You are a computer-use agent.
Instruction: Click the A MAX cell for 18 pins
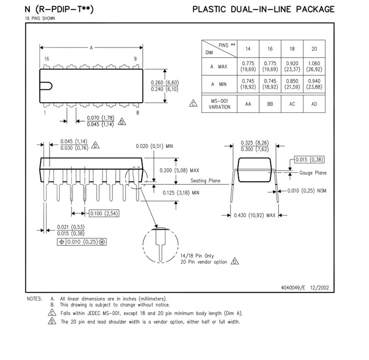(x=292, y=66)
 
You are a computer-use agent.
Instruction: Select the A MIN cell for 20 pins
(x=314, y=84)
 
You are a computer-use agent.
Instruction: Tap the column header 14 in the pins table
(x=248, y=49)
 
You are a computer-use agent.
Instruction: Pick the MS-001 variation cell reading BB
(x=270, y=104)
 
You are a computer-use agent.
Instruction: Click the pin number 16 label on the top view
(x=47, y=59)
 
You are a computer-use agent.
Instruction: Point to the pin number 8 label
(x=137, y=113)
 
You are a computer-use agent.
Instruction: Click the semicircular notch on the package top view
(x=46, y=86)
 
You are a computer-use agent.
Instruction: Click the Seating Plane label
(x=205, y=181)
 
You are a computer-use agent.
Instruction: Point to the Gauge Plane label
(x=313, y=173)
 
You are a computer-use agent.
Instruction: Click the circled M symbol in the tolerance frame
(x=102, y=242)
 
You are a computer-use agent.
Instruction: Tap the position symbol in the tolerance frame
(x=62, y=242)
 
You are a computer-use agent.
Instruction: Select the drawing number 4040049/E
(x=293, y=288)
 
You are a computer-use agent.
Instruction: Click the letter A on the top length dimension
(x=91, y=48)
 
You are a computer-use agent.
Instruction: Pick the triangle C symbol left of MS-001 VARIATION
(x=193, y=103)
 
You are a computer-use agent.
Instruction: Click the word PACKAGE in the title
(x=315, y=9)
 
